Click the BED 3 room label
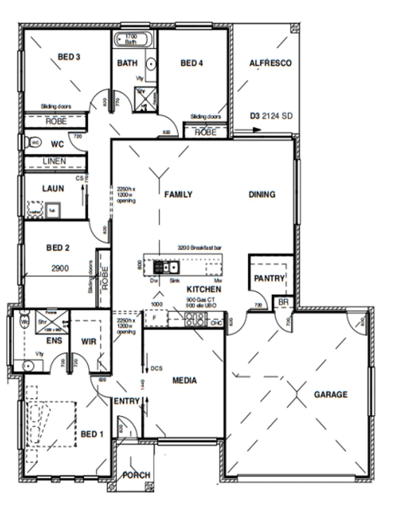69,57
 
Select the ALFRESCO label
270,63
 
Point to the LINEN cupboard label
54,161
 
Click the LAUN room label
53,189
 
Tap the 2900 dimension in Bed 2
61,268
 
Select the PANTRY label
269,278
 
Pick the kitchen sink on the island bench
174,267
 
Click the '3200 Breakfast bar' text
199,248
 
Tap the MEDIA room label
184,380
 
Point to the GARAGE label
330,395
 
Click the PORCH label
136,474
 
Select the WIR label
90,341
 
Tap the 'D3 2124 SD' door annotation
271,116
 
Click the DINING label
262,194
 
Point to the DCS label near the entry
157,369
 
